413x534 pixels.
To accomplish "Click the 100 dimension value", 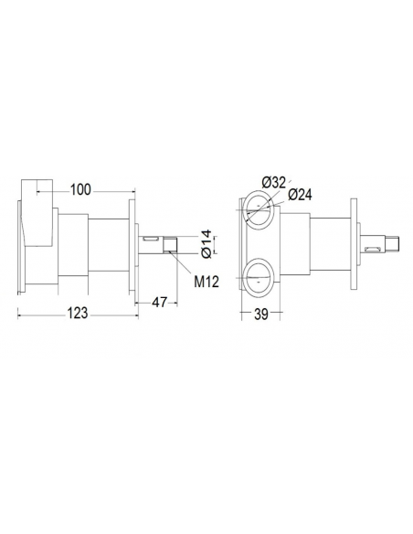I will [80, 189].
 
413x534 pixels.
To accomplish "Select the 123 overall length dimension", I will [77, 314].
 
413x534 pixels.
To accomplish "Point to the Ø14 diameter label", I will [206, 241].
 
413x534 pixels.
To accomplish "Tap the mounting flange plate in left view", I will [133, 242].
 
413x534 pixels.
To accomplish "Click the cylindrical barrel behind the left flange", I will [107, 242].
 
